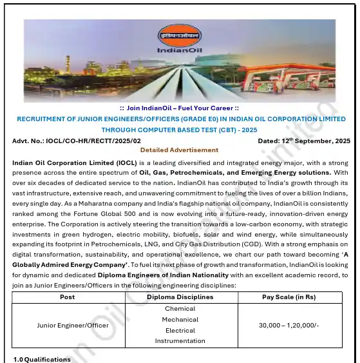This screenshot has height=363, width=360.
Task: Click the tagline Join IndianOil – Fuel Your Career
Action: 180,108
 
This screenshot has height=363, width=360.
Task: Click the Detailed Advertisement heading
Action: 180,150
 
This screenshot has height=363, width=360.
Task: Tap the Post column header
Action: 67,297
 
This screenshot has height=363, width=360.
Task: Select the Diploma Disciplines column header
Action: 180,297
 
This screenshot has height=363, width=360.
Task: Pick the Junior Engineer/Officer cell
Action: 67,325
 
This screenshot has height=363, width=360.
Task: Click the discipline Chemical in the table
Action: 180,308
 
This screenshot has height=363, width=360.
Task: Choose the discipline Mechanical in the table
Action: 180,319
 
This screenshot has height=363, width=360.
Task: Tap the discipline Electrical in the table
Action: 180,330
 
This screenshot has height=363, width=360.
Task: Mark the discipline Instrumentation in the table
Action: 180,341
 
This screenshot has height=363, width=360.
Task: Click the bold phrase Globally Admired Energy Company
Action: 71,264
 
